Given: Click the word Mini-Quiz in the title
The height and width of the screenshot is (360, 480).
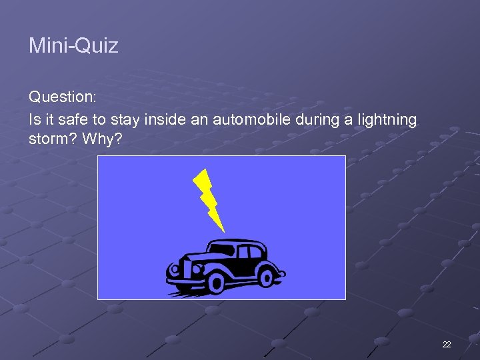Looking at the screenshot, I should pos(73,46).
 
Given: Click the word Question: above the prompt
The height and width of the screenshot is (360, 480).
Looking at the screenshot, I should pos(63,97).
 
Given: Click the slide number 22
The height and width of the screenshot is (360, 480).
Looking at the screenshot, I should pos(446,344).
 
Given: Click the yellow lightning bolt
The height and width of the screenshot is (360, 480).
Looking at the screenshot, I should pos(207,197).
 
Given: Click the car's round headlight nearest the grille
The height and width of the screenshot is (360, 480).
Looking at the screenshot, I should pos(176,270).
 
